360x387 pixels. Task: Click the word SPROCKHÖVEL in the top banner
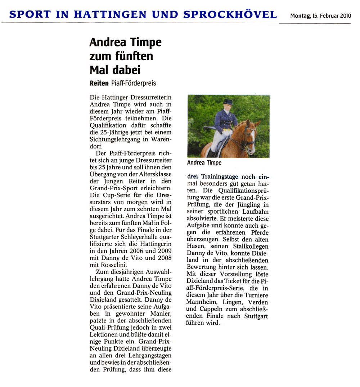(230, 15)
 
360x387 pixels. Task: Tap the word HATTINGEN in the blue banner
(110, 15)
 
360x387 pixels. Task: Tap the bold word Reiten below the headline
(99, 83)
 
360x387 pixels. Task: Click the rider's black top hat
(228, 102)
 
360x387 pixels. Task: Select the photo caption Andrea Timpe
(204, 163)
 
